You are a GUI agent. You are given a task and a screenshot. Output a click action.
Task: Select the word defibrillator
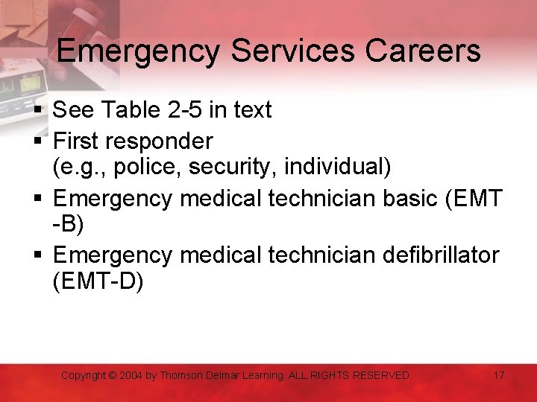pyautogui.click(x=440, y=255)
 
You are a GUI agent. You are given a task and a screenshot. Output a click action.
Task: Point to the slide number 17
pyautogui.click(x=499, y=375)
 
